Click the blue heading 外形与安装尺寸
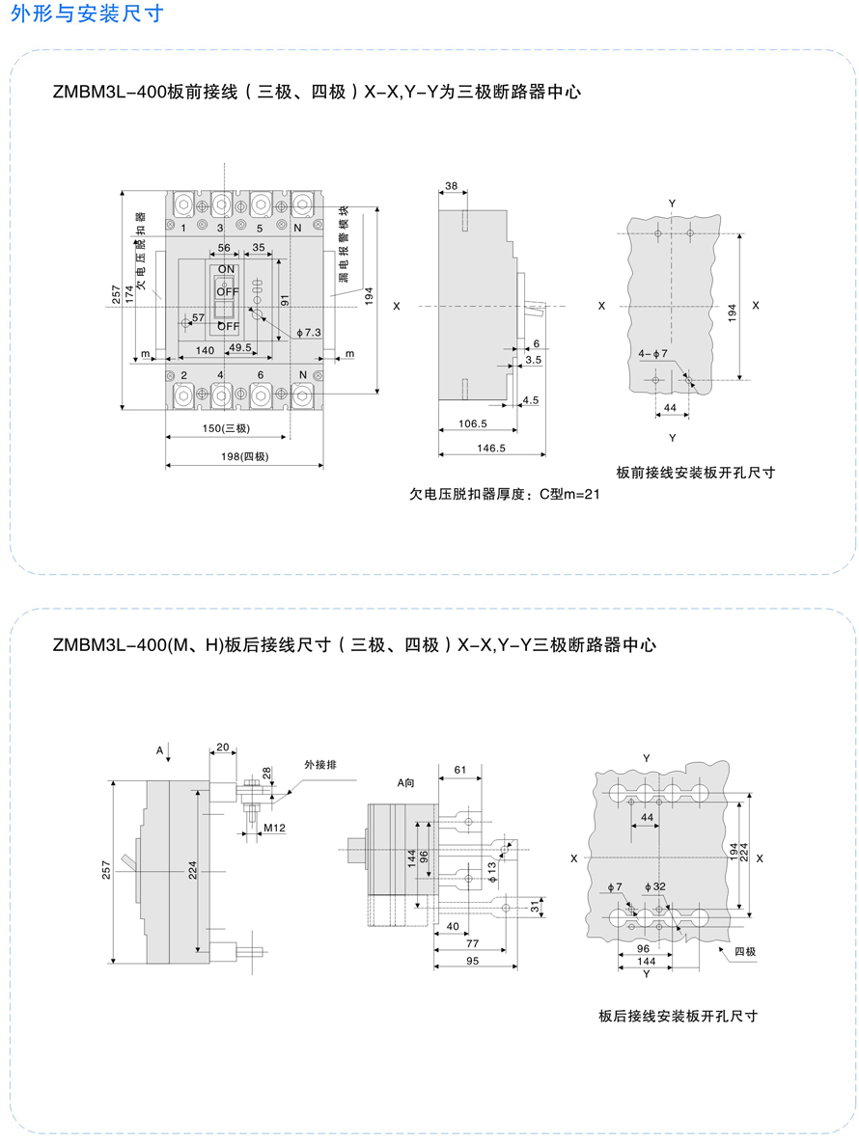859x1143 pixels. (x=87, y=14)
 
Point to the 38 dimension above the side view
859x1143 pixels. (x=452, y=186)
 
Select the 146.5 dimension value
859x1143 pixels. (x=491, y=449)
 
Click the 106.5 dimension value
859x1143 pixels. (x=473, y=423)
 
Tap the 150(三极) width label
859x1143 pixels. (x=226, y=428)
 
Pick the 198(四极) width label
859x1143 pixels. (x=245, y=456)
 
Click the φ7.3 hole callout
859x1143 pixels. (x=309, y=333)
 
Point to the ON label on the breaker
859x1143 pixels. (x=227, y=269)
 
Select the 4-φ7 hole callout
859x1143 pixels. (x=652, y=354)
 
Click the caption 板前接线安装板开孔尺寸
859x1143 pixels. (x=695, y=473)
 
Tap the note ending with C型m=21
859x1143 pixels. (x=505, y=494)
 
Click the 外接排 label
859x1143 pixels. (x=320, y=765)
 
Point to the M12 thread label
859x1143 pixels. (x=274, y=829)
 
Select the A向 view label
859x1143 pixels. (x=405, y=783)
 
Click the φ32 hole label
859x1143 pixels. (x=654, y=886)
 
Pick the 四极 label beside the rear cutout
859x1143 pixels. (x=744, y=951)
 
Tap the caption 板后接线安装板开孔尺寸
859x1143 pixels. (x=679, y=1017)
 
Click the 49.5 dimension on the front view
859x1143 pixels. (x=240, y=347)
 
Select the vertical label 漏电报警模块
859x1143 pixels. (x=344, y=243)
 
